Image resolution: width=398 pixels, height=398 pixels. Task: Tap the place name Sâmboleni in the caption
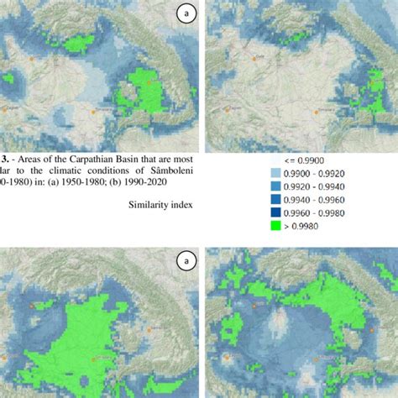(x=173, y=169)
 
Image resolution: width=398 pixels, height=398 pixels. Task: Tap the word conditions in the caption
(x=121, y=169)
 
